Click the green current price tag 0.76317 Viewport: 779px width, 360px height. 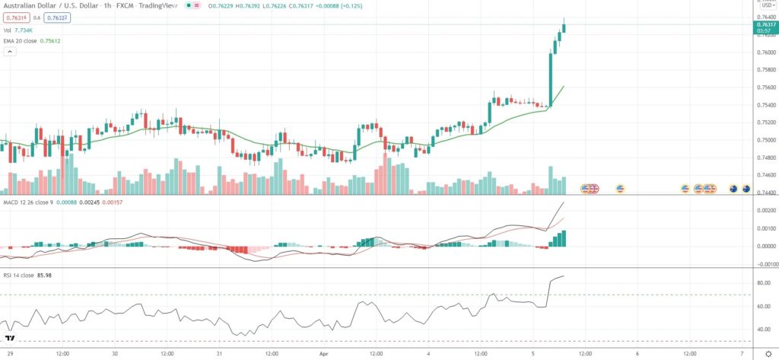click(765, 24)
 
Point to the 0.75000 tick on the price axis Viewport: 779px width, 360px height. click(765, 139)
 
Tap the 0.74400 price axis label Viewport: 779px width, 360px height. click(765, 192)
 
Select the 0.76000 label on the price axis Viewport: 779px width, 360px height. click(765, 52)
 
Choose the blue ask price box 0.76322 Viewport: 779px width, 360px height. click(56, 19)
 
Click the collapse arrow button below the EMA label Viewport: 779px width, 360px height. click(10, 52)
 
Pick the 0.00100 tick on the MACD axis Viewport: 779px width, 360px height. click(765, 229)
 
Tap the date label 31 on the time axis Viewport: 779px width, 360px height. click(219, 354)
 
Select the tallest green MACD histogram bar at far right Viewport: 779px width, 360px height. click(564, 238)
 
